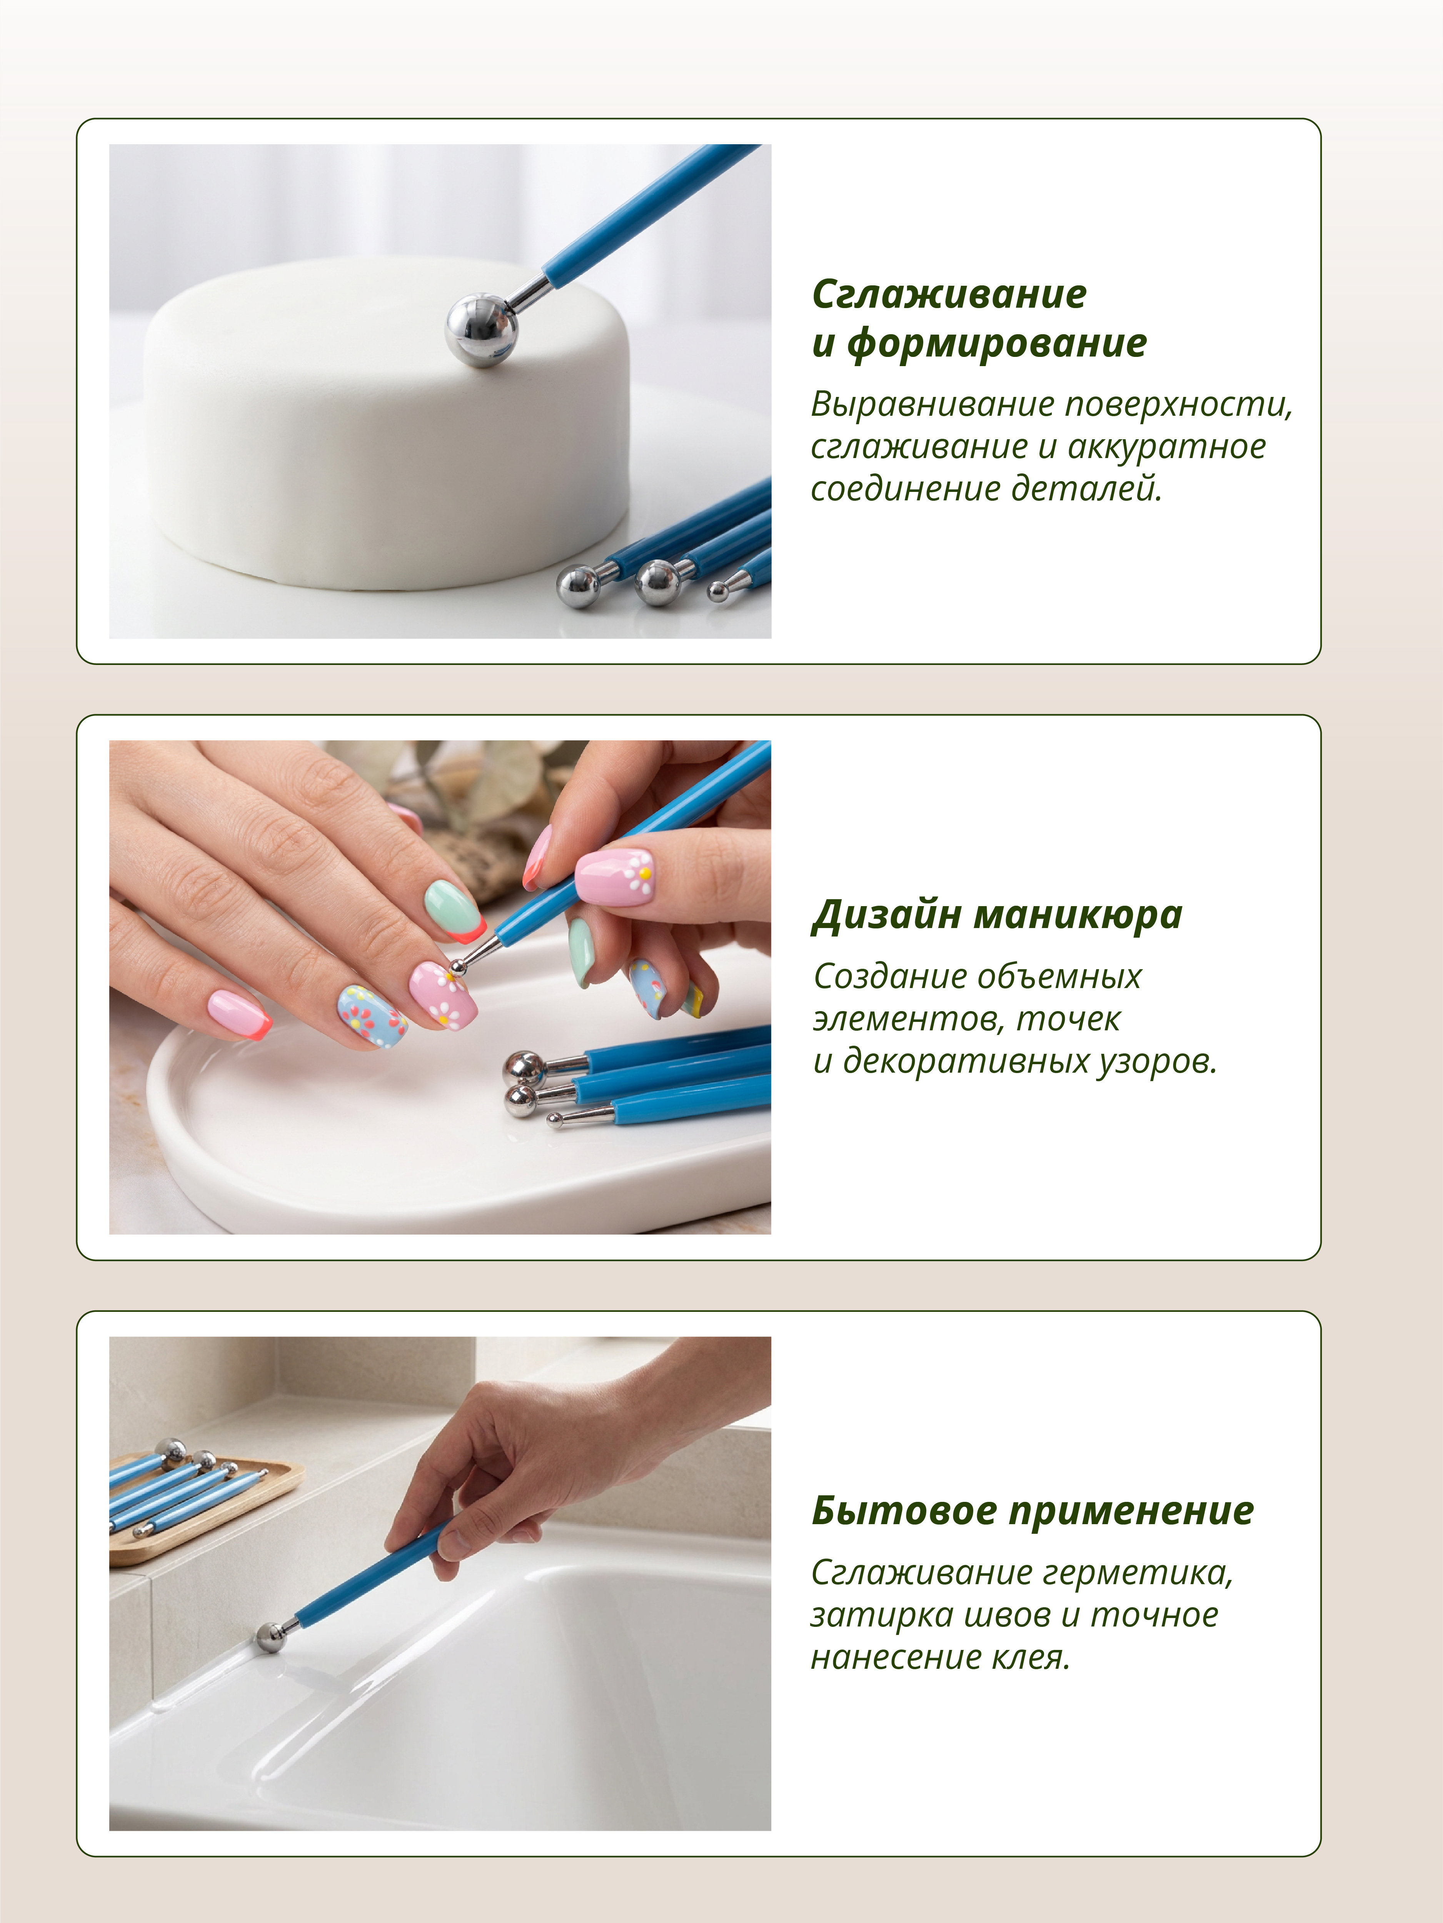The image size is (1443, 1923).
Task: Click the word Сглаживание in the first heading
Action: point(949,294)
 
